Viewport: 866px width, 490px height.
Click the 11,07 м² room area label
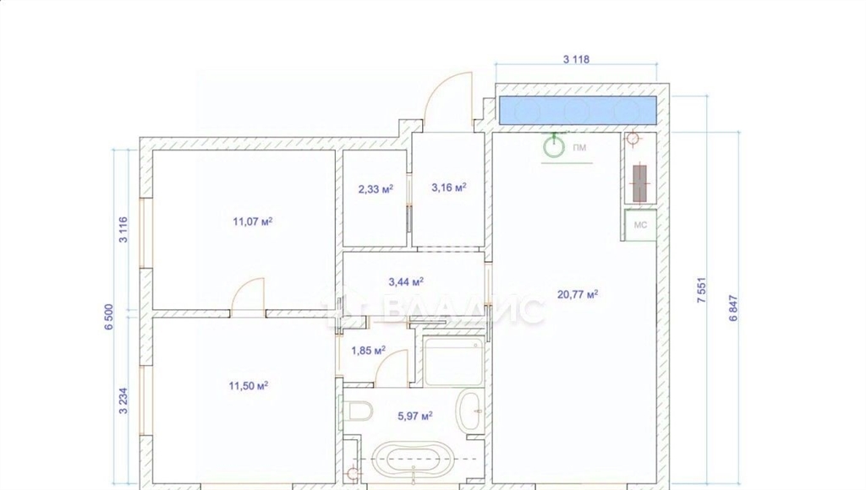coord(252,222)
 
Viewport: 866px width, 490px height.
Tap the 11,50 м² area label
coord(249,386)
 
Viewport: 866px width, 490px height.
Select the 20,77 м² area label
coord(578,295)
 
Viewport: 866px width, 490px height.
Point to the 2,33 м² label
coord(375,189)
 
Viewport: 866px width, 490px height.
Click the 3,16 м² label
coord(449,188)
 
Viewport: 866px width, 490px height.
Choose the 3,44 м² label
coord(406,282)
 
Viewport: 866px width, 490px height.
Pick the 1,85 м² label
coord(369,351)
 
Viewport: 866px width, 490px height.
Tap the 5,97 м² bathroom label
coord(415,416)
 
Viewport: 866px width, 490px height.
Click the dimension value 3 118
coord(576,59)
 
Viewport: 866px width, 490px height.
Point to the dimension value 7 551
coord(701,290)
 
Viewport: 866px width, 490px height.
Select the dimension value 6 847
coord(733,308)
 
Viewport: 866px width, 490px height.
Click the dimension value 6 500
coord(108,317)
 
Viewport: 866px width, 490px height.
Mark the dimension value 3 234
coord(123,401)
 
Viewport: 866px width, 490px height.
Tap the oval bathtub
coord(413,459)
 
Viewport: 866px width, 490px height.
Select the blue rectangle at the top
coord(578,111)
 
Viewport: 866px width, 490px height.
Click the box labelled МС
coord(641,225)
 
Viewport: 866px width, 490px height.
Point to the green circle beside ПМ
coord(554,147)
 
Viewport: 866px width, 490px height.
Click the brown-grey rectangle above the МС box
coord(639,184)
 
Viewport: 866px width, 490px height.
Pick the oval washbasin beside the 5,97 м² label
coord(469,411)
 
